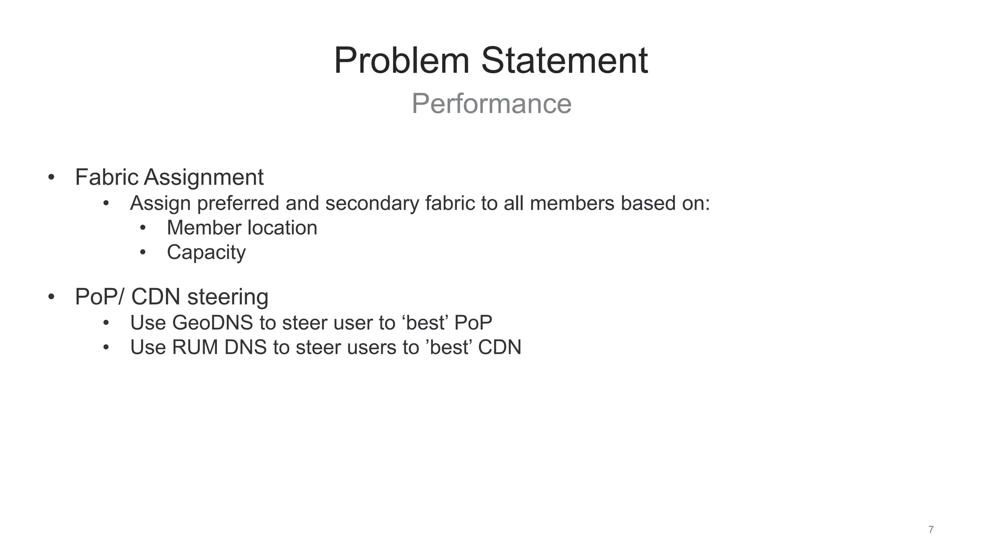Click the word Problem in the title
pos(401,61)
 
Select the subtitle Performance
pos(491,103)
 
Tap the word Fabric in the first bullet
pos(107,177)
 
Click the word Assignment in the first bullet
pos(204,177)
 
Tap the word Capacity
pos(206,253)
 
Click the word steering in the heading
pos(228,297)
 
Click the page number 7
pos(931,529)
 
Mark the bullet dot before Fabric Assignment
pos(51,178)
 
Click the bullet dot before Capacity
pos(143,253)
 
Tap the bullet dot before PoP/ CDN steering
pos(51,297)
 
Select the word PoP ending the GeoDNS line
pos(473,323)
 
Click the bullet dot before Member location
pos(143,228)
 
